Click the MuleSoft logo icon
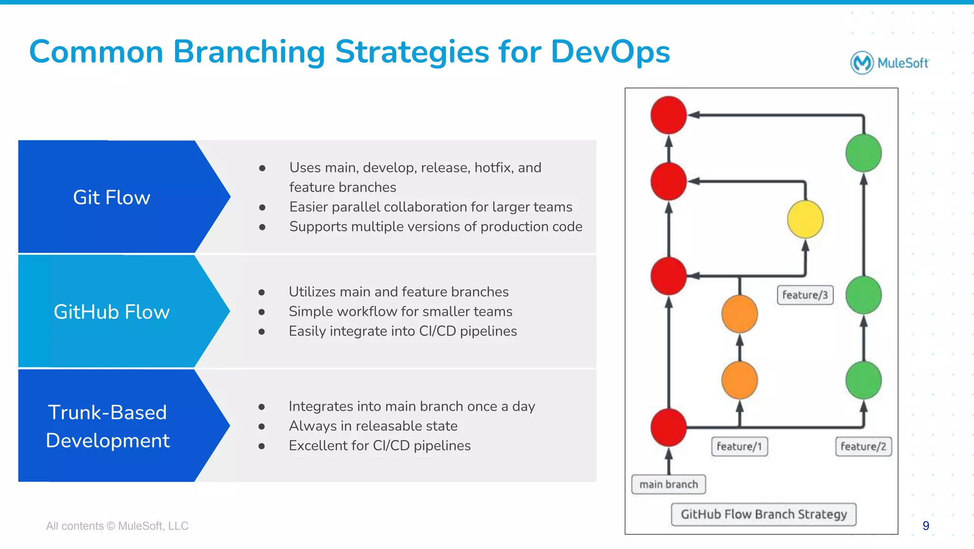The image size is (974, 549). [862, 63]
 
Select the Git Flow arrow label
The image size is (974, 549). [111, 197]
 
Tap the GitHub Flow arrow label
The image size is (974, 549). [111, 312]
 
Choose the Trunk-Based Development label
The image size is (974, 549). [107, 426]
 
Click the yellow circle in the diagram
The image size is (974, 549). [805, 220]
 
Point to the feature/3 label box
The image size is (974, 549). [805, 295]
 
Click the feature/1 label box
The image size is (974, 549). [739, 447]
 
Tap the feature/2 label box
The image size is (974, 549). [863, 447]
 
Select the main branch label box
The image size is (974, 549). [668, 485]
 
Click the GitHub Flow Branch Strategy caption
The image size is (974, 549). [763, 514]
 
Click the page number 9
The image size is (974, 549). [925, 526]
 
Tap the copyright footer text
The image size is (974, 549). [117, 526]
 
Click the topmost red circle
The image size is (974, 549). [668, 115]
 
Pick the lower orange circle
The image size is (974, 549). [739, 380]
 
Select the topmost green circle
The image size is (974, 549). [863, 153]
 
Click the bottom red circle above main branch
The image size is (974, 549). [668, 427]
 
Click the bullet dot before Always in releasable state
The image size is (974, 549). [262, 426]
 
